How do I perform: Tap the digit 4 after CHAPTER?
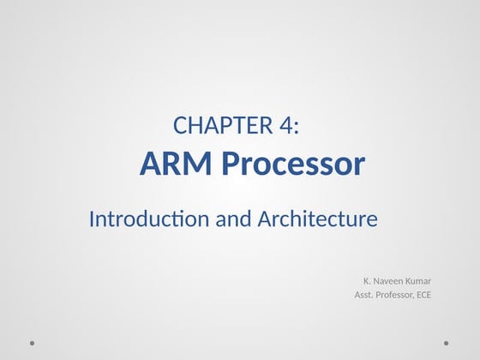(286, 126)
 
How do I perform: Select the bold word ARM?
(171, 163)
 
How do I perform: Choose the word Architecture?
(317, 219)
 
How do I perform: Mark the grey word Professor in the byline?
(395, 296)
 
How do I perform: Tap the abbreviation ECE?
(423, 296)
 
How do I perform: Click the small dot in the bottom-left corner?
(32, 343)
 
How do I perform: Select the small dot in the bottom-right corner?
(447, 343)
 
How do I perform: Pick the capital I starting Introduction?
(92, 219)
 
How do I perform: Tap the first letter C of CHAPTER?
(179, 126)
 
